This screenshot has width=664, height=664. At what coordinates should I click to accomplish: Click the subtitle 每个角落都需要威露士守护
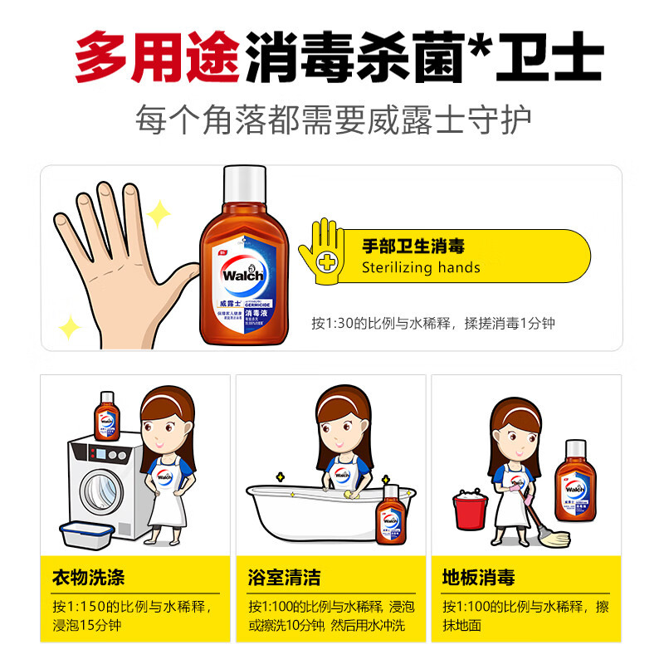coord(332,120)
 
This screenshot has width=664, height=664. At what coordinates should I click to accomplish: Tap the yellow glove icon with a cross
coord(327,252)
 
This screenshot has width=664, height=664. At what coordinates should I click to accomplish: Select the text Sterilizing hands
coord(421,267)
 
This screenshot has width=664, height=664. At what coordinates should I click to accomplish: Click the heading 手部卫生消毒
coord(413,246)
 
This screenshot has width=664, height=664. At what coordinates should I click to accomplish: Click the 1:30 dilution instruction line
coord(433,323)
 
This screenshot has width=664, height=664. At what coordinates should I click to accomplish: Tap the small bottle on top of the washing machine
coord(106,416)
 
